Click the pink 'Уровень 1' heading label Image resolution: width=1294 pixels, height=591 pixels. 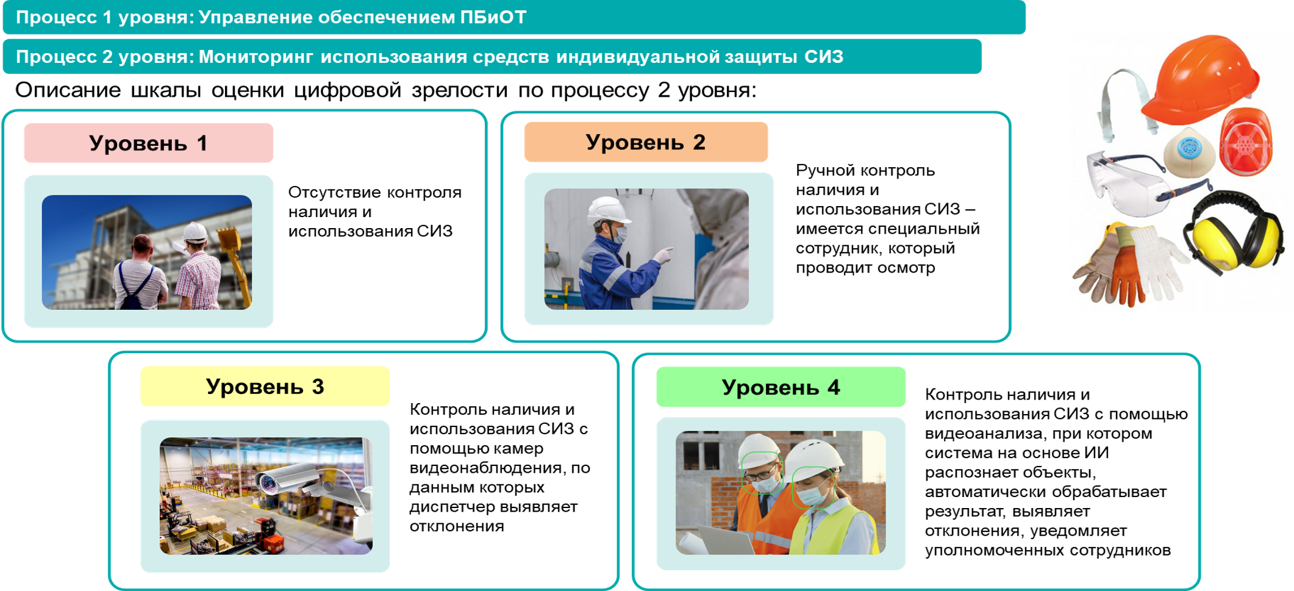click(x=148, y=143)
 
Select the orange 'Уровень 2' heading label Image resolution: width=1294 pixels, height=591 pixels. click(x=646, y=142)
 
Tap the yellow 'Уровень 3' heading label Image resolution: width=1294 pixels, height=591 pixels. click(x=265, y=386)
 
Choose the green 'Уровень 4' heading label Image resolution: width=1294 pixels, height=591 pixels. click(x=781, y=387)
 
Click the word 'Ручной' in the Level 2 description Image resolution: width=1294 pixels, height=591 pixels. click(x=826, y=170)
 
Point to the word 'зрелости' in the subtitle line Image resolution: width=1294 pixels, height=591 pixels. click(x=460, y=90)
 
